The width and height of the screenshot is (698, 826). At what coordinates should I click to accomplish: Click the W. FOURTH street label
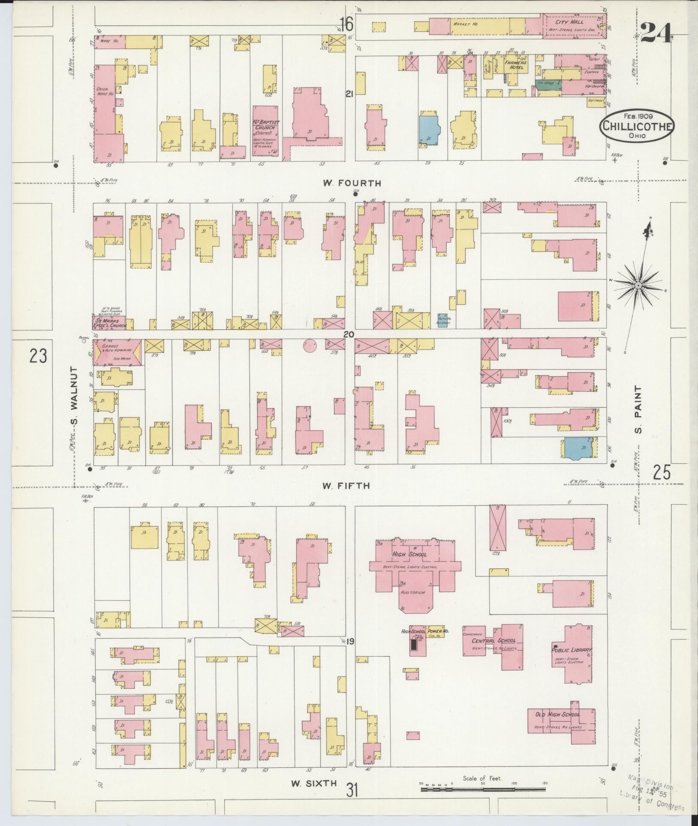[352, 183]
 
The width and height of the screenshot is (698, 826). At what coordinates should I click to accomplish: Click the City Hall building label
[576, 22]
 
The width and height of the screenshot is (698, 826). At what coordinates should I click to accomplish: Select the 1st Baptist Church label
[266, 125]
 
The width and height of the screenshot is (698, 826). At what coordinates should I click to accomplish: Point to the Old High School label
[557, 715]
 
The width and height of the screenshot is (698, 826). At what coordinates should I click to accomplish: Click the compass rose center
[638, 285]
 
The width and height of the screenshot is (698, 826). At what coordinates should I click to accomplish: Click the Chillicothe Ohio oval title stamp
[636, 125]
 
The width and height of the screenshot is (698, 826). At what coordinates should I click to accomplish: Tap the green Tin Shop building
[548, 84]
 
